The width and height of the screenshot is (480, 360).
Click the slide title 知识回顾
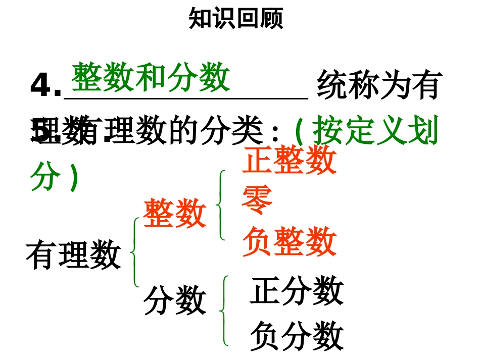(236, 19)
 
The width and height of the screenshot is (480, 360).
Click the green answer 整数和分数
(151, 78)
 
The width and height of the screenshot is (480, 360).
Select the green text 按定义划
(374, 131)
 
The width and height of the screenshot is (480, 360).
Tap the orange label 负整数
(290, 241)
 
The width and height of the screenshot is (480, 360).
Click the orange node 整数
(175, 213)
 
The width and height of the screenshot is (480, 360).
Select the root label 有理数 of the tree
(74, 254)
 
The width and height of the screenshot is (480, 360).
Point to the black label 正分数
(297, 291)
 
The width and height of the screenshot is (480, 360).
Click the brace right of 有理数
(134, 252)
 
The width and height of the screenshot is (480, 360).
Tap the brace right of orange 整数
(220, 204)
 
